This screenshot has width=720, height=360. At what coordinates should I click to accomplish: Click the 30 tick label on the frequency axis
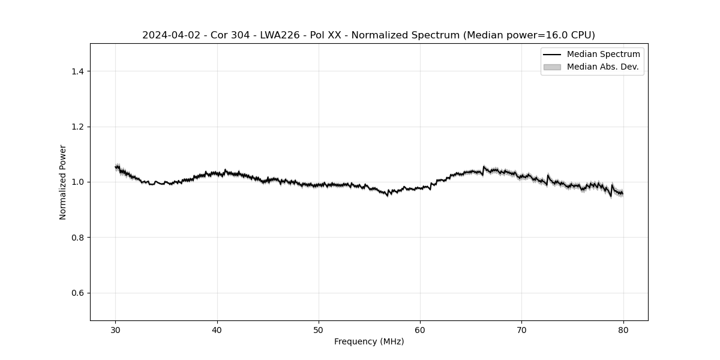coord(116,330)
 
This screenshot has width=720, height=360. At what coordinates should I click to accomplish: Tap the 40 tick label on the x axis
coord(217,330)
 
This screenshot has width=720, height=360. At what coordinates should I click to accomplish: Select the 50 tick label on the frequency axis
coord(319,330)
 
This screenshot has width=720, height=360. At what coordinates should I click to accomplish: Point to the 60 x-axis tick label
coord(420,330)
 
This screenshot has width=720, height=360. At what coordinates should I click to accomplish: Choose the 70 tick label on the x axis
coord(522,330)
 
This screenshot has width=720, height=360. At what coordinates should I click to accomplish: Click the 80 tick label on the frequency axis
coord(623,330)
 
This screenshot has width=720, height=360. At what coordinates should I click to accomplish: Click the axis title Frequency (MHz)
coord(369,342)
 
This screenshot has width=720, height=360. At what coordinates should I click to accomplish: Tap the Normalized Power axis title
coord(63,182)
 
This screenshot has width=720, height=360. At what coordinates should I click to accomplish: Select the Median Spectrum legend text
coord(603,55)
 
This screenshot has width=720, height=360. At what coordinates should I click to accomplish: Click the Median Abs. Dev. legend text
coord(602,67)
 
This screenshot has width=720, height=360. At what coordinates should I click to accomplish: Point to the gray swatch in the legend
coord(552,67)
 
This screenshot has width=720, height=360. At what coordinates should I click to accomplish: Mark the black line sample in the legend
coord(552,55)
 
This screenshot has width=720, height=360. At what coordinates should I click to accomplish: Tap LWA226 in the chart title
coord(278,35)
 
